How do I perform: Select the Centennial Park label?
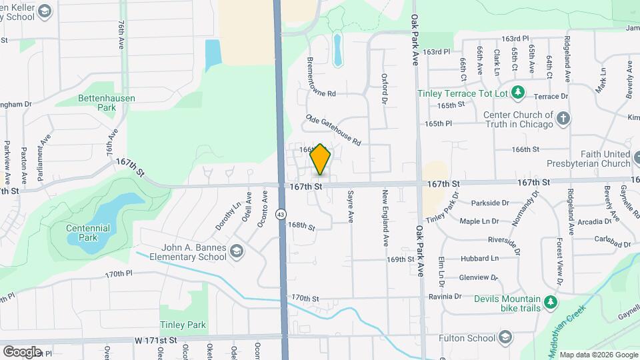click(88, 233)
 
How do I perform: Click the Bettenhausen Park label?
click(106, 103)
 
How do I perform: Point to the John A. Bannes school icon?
click(236, 252)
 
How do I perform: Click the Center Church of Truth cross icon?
click(563, 119)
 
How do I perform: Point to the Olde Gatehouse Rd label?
click(333, 130)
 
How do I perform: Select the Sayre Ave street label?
click(349, 207)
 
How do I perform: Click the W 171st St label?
click(155, 341)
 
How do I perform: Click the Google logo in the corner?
click(22, 351)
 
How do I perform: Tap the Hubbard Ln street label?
click(479, 258)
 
